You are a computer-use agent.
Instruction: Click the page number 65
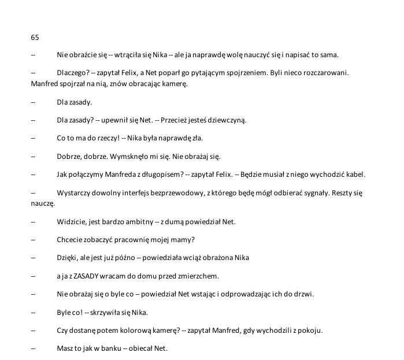[x=35, y=38]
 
